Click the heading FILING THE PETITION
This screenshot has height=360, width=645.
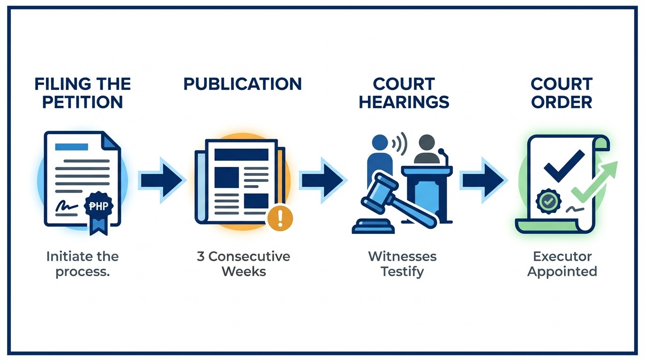pyautogui.click(x=82, y=93)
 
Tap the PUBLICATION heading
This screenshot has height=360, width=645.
pyautogui.click(x=242, y=84)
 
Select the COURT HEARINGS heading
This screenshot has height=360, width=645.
pyautogui.click(x=404, y=93)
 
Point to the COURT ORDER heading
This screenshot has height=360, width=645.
pyautogui.click(x=562, y=93)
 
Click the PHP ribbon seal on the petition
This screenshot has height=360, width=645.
pyautogui.click(x=98, y=209)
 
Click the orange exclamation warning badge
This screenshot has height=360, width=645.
pyautogui.click(x=279, y=217)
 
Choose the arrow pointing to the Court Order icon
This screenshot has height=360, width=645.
pyautogui.click(x=482, y=180)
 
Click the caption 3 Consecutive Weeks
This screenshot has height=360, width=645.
pyautogui.click(x=243, y=264)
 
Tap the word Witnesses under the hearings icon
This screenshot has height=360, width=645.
pyautogui.click(x=402, y=256)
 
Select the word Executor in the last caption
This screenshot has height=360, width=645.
pyautogui.click(x=562, y=256)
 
